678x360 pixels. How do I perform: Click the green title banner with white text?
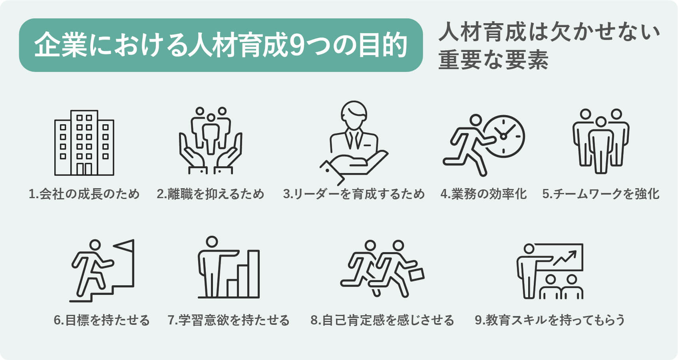coord(221,45)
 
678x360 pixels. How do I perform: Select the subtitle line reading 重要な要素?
coord(493,60)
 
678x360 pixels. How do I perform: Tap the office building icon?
coord(84,143)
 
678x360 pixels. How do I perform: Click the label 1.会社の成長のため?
coord(84,194)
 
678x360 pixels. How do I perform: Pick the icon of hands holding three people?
coord(211,141)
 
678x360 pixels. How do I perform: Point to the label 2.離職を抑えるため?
coord(211,194)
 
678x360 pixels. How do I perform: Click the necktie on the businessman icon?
coord(354,140)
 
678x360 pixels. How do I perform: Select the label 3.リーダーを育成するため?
coord(354,194)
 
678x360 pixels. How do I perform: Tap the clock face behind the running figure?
coord(504,137)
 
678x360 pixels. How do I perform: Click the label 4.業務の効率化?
coord(483,194)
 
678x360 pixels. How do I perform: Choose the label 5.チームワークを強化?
coord(601,194)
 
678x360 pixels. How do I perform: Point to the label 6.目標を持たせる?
coord(102,320)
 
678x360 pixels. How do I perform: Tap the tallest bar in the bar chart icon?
coord(254,274)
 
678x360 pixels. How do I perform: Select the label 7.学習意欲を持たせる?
coord(229,320)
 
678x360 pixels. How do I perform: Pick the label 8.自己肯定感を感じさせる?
coord(382,320)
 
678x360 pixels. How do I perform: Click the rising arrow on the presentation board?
coord(565,258)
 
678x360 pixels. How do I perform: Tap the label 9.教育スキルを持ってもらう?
coord(550,320)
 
